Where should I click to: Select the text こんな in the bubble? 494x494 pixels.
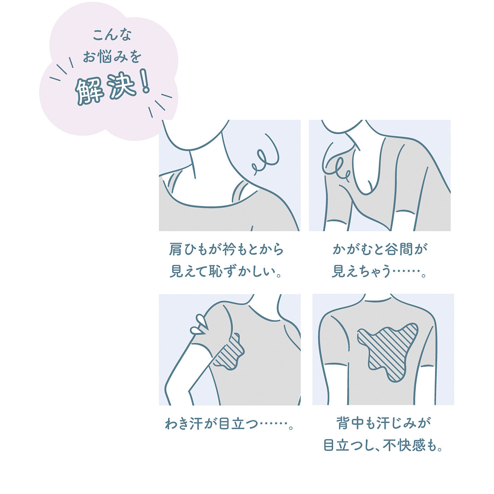click(x=112, y=35)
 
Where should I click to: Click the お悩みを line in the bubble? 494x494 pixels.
click(x=112, y=56)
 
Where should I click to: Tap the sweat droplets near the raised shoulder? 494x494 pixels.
click(x=200, y=325)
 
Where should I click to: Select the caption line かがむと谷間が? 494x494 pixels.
click(x=380, y=249)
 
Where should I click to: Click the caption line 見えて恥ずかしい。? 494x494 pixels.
click(x=226, y=272)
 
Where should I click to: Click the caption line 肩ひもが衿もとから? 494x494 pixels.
click(x=227, y=249)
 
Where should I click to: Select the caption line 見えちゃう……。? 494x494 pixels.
click(x=379, y=272)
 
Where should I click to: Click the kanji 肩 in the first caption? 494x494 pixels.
click(x=175, y=249)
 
